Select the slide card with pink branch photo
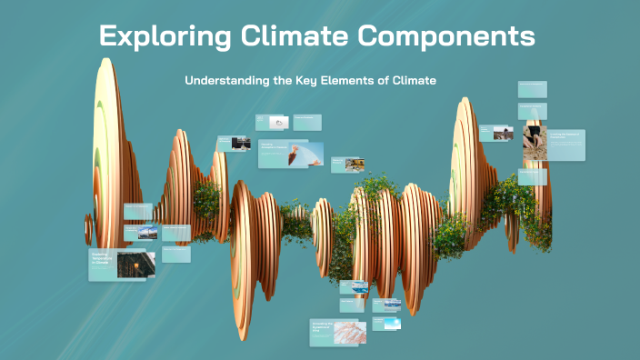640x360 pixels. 337,332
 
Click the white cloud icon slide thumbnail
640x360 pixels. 273,123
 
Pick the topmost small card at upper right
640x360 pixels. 532,89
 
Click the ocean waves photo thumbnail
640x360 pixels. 354,287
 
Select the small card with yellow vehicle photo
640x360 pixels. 349,163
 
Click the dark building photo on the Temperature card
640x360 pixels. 135,264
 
